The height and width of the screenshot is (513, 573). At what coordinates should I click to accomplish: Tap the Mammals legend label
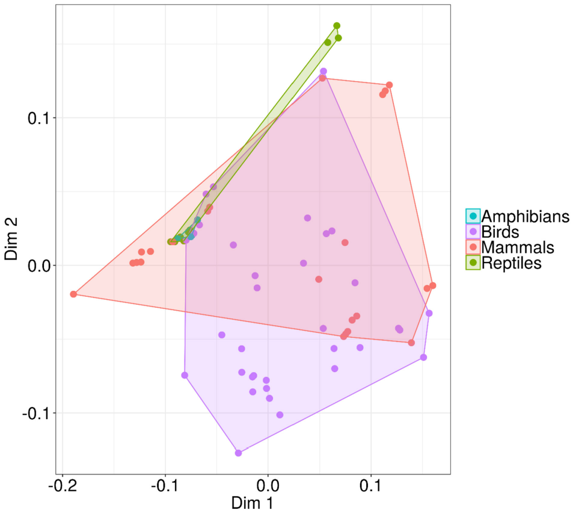[x=518, y=247]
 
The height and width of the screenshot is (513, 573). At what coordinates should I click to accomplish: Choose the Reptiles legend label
[x=512, y=263]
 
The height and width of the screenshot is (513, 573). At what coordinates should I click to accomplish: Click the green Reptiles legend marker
[x=473, y=263]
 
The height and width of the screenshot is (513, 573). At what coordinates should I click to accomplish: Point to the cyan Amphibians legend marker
[x=473, y=216]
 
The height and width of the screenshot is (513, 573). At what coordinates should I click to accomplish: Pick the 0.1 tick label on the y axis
[x=40, y=118]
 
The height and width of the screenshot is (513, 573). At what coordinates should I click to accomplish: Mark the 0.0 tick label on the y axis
[x=40, y=266]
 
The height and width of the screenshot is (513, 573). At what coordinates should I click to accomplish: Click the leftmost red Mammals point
[x=73, y=294]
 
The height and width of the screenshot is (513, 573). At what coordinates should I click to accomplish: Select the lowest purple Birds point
[x=238, y=453]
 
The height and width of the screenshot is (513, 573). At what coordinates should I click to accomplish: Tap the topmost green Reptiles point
[x=337, y=26]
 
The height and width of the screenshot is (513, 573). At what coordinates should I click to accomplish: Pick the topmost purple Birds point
[x=323, y=71]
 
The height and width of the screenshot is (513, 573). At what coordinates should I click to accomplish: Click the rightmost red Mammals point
[x=432, y=285]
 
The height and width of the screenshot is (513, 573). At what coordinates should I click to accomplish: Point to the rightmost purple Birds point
[x=429, y=313]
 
